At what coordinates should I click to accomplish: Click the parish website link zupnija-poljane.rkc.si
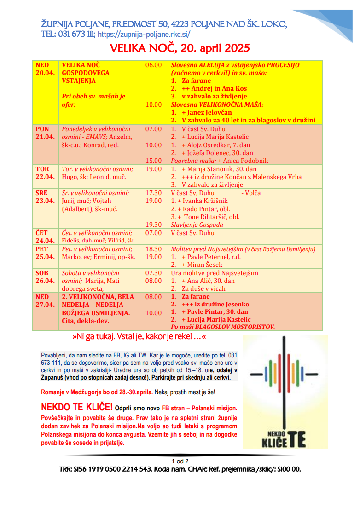click(x=144, y=34)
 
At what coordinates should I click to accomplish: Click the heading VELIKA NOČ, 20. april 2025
click(x=180, y=48)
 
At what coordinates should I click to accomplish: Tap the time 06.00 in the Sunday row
click(x=153, y=65)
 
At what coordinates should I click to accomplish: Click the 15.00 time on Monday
click(x=153, y=161)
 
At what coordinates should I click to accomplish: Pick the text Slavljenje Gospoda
click(x=197, y=225)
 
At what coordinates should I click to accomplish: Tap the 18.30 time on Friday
click(x=153, y=249)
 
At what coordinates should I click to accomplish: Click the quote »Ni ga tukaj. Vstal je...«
click(x=139, y=337)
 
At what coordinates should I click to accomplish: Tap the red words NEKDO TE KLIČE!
click(x=76, y=408)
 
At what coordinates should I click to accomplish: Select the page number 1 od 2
click(x=180, y=461)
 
